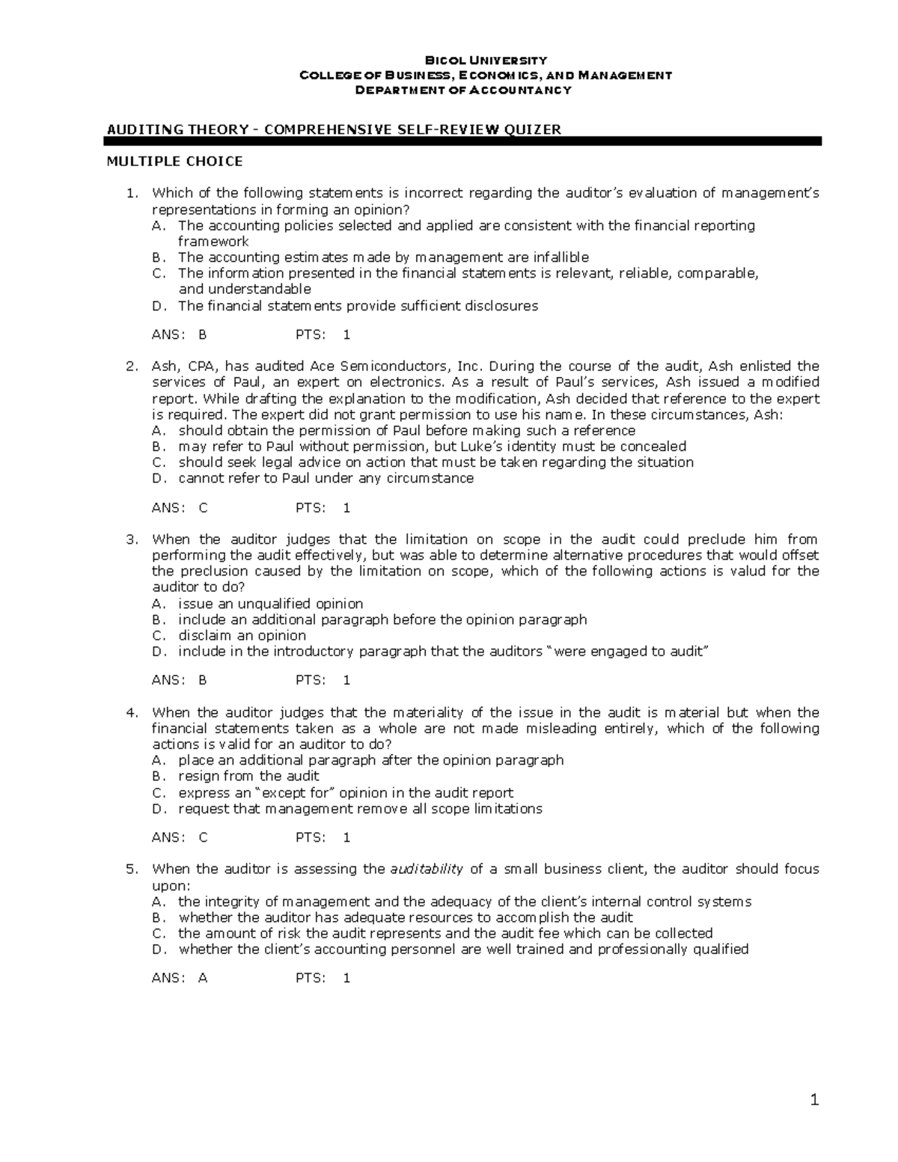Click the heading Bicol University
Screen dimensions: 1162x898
click(486, 60)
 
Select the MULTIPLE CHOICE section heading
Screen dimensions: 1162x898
click(174, 161)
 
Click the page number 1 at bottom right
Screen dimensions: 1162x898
click(815, 1100)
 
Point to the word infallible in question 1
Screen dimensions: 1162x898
click(560, 257)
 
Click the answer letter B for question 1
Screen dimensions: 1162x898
click(202, 334)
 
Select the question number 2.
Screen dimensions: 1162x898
click(132, 366)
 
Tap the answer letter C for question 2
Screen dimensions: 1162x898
click(203, 507)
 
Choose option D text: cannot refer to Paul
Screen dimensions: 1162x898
click(326, 478)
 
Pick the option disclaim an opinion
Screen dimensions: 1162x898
click(242, 635)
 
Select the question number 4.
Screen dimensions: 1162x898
click(132, 712)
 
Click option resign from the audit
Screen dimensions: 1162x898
click(248, 776)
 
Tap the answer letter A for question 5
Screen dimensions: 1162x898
click(202, 977)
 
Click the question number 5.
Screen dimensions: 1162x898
click(132, 869)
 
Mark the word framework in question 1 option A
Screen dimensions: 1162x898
click(213, 241)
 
